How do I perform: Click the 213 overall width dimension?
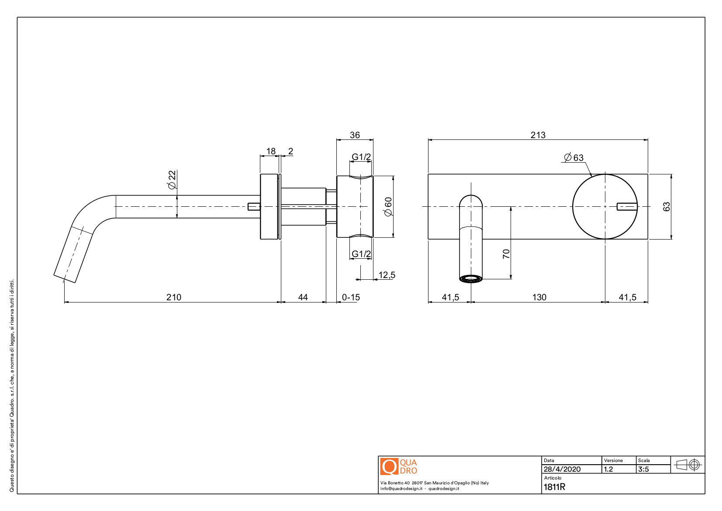click(x=538, y=135)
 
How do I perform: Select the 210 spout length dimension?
click(x=173, y=297)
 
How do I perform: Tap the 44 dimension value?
click(x=303, y=297)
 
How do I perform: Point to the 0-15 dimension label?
click(x=351, y=297)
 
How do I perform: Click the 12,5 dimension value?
click(x=387, y=275)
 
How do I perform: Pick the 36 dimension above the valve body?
click(x=355, y=135)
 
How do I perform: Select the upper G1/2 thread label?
click(x=361, y=157)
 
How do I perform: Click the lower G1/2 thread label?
click(x=361, y=254)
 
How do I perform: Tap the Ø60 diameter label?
click(x=388, y=206)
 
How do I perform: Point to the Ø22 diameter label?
click(x=172, y=180)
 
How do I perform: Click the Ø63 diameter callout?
click(x=574, y=157)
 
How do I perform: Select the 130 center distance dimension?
click(x=539, y=297)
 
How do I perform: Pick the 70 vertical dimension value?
click(x=506, y=254)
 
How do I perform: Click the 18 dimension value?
click(x=271, y=151)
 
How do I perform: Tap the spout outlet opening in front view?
click(x=471, y=278)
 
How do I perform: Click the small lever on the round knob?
click(x=626, y=206)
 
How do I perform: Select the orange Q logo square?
click(x=389, y=466)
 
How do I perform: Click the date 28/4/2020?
click(x=562, y=469)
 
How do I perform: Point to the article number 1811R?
click(x=554, y=487)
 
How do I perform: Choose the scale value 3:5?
click(x=643, y=469)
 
